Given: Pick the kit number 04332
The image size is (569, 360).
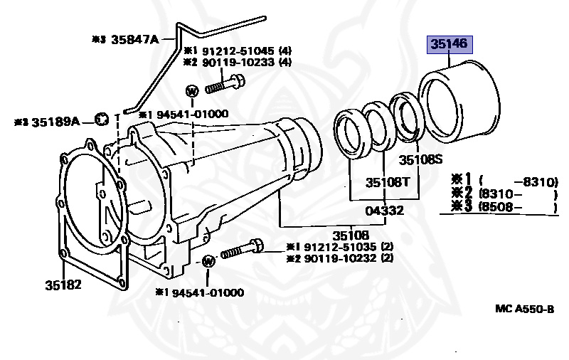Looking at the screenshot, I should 385,211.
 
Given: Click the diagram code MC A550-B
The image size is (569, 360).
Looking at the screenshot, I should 524,309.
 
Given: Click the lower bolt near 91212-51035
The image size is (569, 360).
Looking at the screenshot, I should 242,250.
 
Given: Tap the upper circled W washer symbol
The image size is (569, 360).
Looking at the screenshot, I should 192,91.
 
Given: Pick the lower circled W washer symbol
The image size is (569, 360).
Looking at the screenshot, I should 208,261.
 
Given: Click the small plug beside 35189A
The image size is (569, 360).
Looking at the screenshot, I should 102,117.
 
